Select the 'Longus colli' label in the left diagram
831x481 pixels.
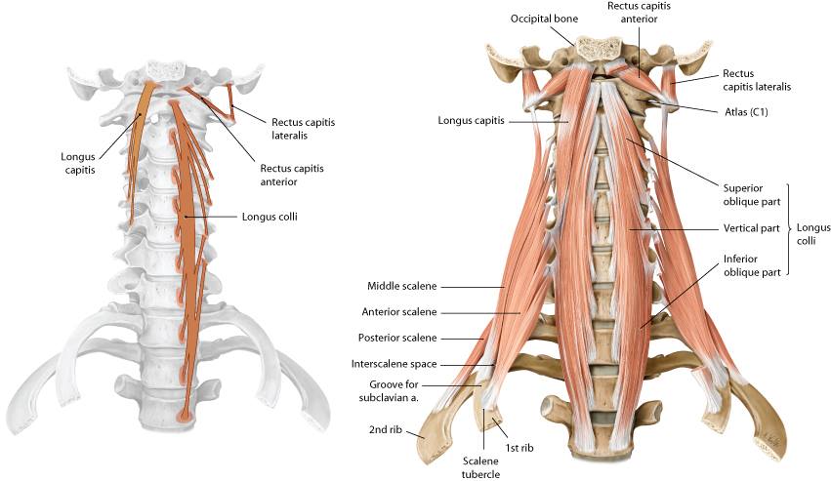[270, 216]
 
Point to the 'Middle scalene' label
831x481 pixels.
[402, 286]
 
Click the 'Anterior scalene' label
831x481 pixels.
[399, 312]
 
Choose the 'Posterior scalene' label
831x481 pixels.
[398, 338]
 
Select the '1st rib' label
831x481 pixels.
[518, 449]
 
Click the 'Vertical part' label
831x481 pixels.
[751, 228]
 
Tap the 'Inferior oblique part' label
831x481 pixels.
[751, 265]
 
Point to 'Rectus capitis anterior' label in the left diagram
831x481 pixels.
[292, 175]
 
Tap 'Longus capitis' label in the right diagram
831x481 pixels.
[476, 121]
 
